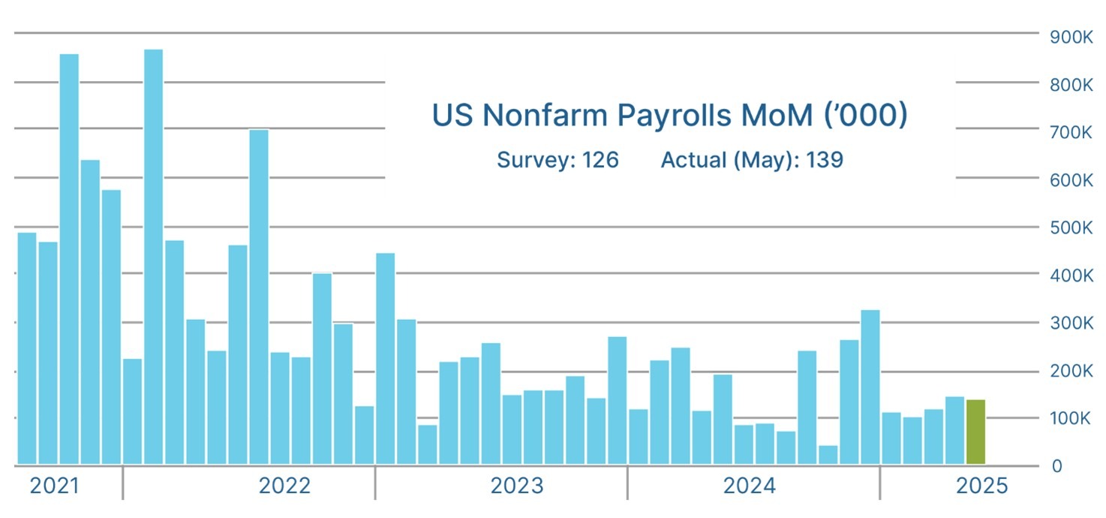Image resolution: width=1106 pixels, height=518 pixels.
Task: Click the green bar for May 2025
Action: (975, 432)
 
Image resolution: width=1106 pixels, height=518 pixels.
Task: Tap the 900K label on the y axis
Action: (1071, 37)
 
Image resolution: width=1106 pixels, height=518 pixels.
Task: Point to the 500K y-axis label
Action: (1071, 227)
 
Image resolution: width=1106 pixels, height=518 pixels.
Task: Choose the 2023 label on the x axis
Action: (517, 486)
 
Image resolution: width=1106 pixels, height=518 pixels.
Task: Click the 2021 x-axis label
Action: (54, 486)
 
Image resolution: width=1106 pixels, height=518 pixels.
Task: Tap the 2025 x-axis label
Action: (981, 486)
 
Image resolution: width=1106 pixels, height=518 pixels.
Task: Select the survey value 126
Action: (600, 160)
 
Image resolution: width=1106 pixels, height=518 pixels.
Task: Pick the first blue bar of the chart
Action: (27, 348)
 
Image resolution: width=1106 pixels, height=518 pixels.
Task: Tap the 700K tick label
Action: (1071, 132)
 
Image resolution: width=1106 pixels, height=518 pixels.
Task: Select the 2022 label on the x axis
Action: (284, 486)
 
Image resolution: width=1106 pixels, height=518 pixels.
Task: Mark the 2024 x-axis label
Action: (750, 486)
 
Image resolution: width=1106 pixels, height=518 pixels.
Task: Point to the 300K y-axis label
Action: (1071, 323)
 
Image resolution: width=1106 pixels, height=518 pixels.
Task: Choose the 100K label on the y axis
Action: (1071, 418)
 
